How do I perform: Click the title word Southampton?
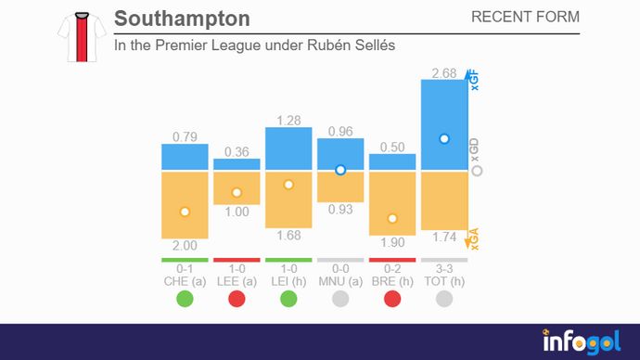point(182,19)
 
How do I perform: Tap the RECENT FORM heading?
point(525,18)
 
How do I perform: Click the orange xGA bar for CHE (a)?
point(185,204)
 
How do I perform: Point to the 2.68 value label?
point(444,73)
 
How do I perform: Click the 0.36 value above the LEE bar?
point(237,152)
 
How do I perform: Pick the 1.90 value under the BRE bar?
point(392,243)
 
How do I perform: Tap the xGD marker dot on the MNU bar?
point(340,170)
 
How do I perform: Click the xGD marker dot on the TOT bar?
point(444,138)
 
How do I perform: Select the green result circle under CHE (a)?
point(185,299)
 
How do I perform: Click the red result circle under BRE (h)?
point(392,299)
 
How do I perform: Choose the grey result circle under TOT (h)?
point(444,299)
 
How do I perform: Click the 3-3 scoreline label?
point(444,269)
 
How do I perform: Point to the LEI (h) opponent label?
point(288,280)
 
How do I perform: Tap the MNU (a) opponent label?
point(340,280)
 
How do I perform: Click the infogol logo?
point(580,341)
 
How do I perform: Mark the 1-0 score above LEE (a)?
point(237,269)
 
